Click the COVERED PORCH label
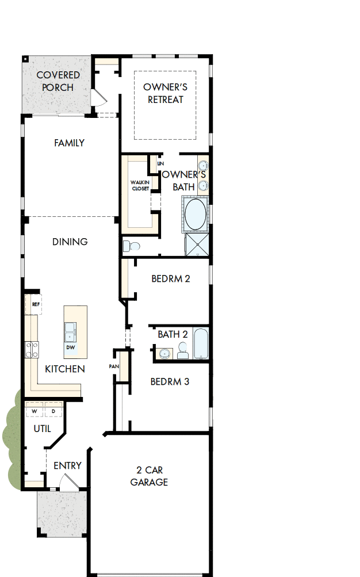pyautogui.click(x=58, y=81)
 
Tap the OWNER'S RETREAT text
pyautogui.click(x=166, y=93)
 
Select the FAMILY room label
pyautogui.click(x=70, y=143)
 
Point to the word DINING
pyautogui.click(x=70, y=242)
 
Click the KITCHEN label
pyautogui.click(x=65, y=369)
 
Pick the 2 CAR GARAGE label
pyautogui.click(x=149, y=476)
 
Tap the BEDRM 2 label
pyautogui.click(x=171, y=279)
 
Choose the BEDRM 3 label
pyautogui.click(x=170, y=381)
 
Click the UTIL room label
pyautogui.click(x=42, y=429)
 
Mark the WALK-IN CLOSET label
pyautogui.click(x=140, y=186)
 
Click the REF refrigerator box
pyautogui.click(x=35, y=304)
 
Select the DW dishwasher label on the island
pyautogui.click(x=70, y=347)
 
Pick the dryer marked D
pyautogui.click(x=53, y=411)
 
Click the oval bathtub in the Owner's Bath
pyautogui.click(x=195, y=215)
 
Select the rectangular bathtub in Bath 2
pyautogui.click(x=201, y=343)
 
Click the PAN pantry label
pyautogui.click(x=113, y=366)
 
